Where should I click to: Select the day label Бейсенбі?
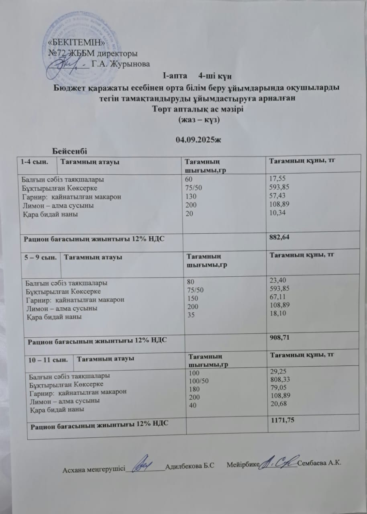click(70, 151)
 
